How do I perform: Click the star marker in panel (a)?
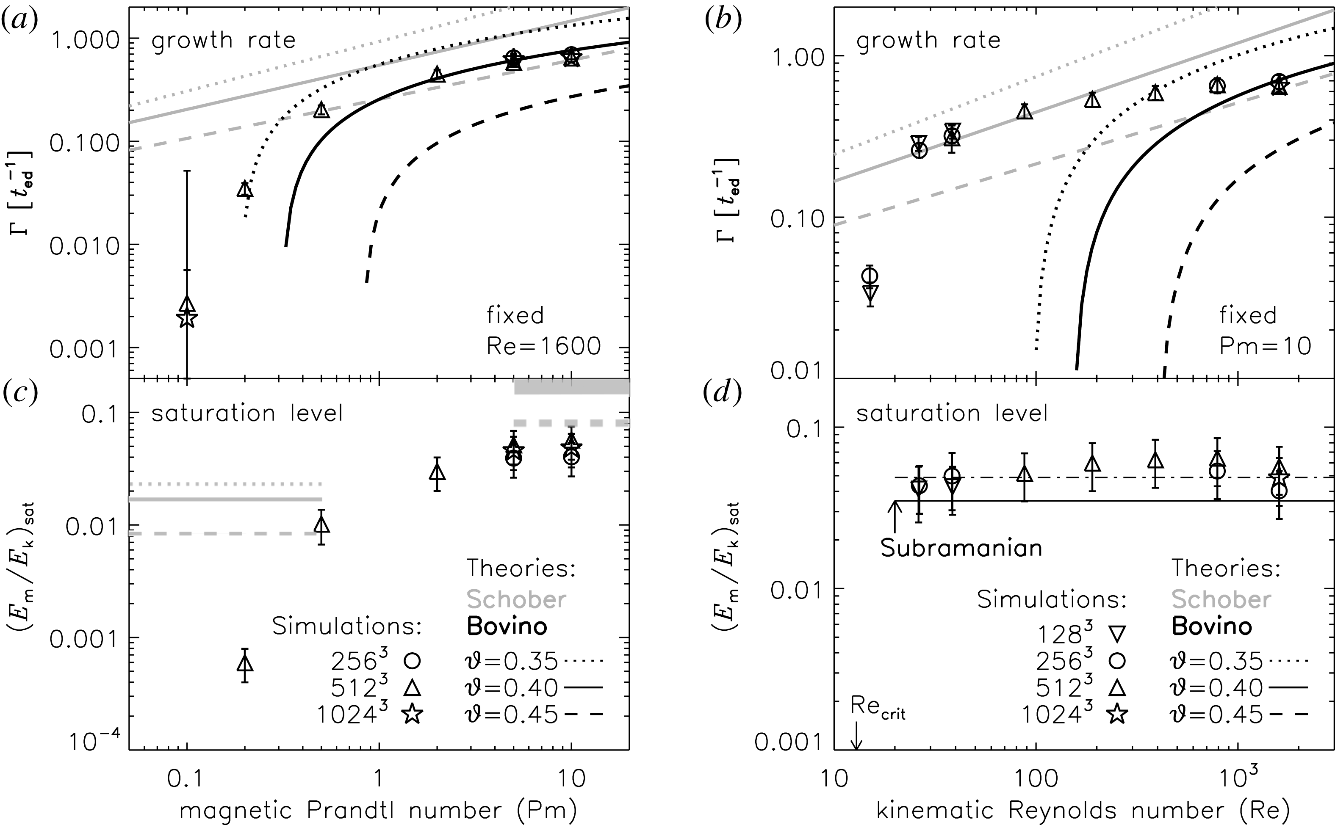point(187,317)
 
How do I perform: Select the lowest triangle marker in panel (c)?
point(245,663)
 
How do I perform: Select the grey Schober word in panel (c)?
point(516,599)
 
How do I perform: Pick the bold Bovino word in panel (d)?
point(1212,626)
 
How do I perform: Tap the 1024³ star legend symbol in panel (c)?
point(413,714)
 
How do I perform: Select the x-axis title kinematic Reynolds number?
point(1083,810)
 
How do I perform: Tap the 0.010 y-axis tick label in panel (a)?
point(85,246)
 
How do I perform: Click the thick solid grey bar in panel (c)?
point(571,386)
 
